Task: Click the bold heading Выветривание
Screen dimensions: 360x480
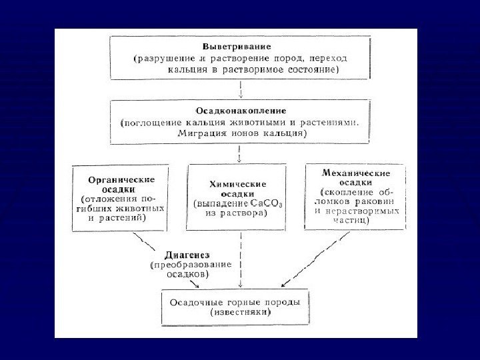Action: (x=229, y=48)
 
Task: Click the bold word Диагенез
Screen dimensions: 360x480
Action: (x=187, y=254)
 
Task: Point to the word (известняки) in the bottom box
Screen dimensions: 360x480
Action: (x=239, y=311)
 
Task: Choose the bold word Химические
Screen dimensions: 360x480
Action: (x=238, y=183)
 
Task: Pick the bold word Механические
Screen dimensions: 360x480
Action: (x=357, y=173)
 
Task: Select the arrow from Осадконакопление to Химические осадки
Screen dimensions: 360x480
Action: (x=239, y=153)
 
